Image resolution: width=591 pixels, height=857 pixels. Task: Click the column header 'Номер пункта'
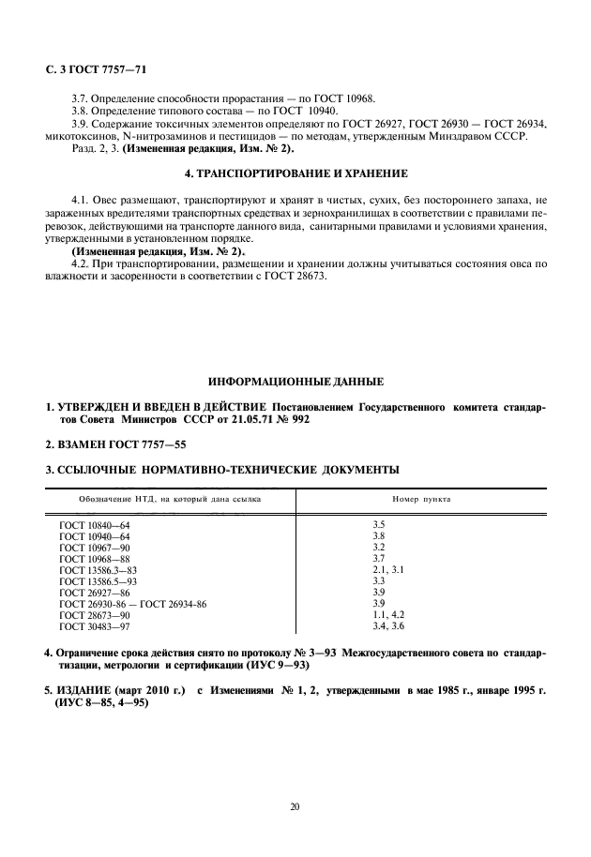pos(421,499)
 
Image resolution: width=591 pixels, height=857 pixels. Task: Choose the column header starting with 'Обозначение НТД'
pos(170,499)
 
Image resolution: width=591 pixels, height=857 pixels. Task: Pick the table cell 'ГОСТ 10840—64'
pos(96,523)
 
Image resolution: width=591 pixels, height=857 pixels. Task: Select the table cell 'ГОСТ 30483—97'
pos(96,625)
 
